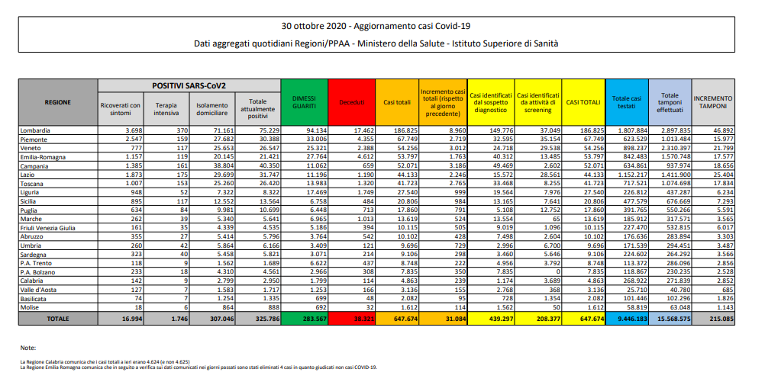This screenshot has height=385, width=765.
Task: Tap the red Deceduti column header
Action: pyautogui.click(x=352, y=102)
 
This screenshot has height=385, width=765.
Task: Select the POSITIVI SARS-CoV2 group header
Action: pyautogui.click(x=189, y=85)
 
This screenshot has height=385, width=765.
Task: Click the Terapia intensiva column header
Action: pyautogui.click(x=166, y=110)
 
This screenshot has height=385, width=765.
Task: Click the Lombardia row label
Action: pyautogui.click(x=37, y=131)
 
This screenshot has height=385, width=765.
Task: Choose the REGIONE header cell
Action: pyautogui.click(x=58, y=102)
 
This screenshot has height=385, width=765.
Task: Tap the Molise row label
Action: pyautogui.click(x=31, y=306)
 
